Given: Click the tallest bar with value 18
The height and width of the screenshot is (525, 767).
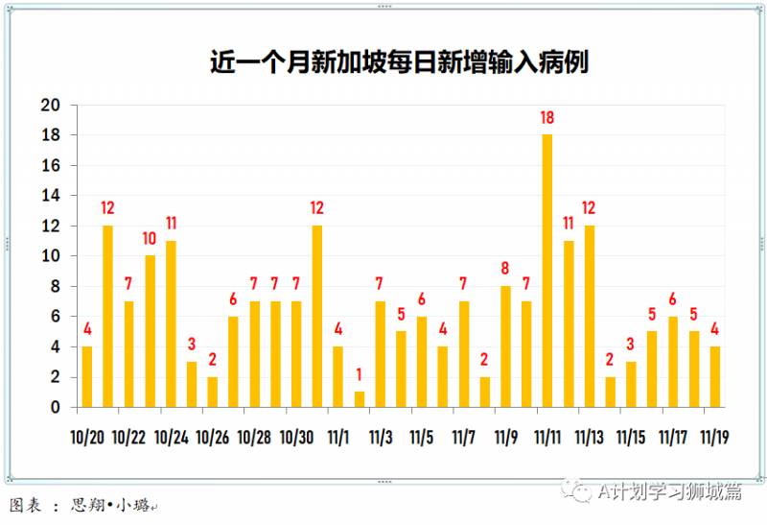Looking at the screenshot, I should point(547,271).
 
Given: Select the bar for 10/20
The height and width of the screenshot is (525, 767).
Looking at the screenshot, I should point(87,376).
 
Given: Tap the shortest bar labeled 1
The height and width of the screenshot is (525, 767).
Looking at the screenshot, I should point(360,399).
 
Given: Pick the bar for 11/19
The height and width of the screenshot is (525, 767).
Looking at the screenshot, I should point(715,376).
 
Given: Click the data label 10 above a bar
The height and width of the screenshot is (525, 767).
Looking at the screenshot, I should point(151,238).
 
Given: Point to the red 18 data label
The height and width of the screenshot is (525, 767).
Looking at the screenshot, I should point(547,118).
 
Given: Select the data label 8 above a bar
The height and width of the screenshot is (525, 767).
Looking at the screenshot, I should point(505,269).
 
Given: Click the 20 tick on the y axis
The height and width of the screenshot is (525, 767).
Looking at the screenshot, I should point(50,106).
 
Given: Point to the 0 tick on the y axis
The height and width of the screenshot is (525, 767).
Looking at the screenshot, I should point(56,407).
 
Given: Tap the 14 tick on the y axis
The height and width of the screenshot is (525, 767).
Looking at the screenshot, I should point(50,196).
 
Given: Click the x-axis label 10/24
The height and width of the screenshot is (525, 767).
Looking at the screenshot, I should point(171,437).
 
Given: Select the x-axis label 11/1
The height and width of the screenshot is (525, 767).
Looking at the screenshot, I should point(338,437).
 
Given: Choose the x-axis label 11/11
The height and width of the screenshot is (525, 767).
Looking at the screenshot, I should point(547,437).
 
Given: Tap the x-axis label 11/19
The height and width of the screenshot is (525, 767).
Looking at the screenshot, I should point(715,437).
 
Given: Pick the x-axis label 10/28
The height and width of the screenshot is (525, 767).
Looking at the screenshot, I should point(254,437).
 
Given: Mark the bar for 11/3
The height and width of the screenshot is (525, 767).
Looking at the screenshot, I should point(381,354).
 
